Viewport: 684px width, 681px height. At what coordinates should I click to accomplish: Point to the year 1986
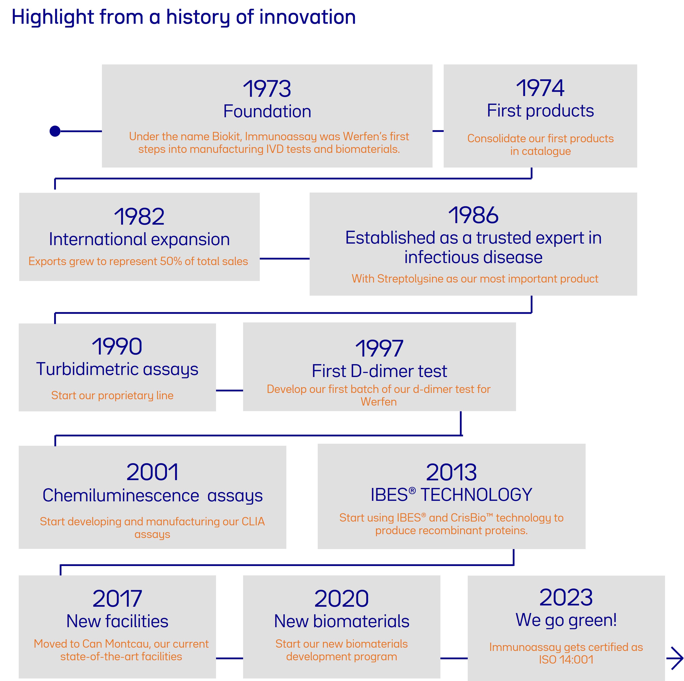point(473,215)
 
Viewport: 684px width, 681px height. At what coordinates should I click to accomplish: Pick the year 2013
point(451,472)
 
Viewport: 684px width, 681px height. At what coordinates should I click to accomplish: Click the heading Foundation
point(267,111)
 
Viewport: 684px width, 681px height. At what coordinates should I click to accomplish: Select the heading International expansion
point(139,239)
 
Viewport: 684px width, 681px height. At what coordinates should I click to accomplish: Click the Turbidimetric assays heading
point(117,369)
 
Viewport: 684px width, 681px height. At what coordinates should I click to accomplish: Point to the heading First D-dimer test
point(379,371)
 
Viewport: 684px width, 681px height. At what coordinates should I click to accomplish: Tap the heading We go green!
point(566,620)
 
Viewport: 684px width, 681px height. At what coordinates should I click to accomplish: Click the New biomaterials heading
point(342,621)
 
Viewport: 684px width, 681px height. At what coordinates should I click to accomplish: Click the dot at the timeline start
point(55,131)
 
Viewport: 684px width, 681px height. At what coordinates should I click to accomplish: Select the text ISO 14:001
point(566,660)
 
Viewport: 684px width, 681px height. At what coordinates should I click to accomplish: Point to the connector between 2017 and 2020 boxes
point(229,658)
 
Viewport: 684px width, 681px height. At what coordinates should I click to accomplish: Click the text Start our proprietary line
point(112,395)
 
